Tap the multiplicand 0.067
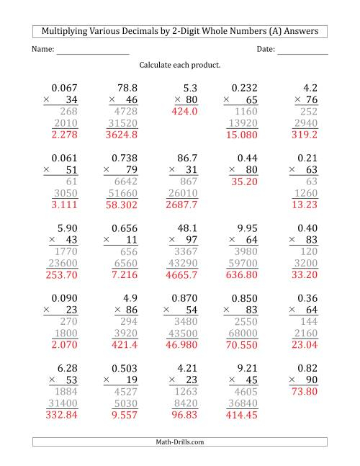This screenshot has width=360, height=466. point(63,87)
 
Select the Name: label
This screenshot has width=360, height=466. point(43,49)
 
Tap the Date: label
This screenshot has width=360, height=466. point(265,49)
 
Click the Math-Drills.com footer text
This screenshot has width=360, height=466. point(180,442)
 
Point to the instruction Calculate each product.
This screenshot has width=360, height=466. point(180,65)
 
